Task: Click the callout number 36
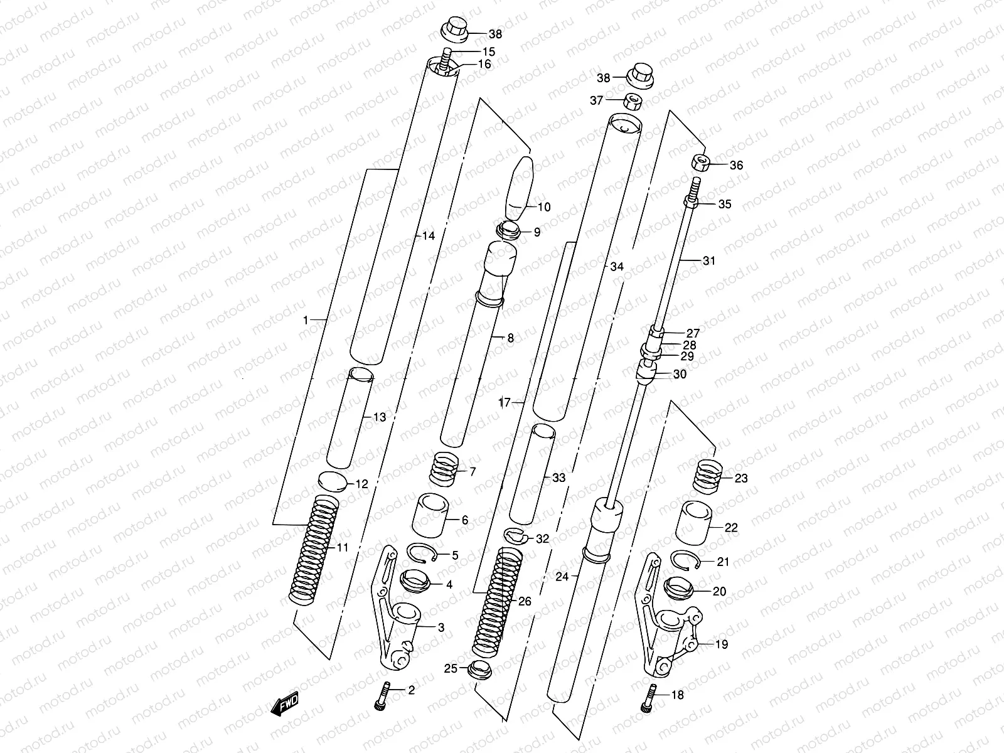736,166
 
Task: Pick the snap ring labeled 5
424,554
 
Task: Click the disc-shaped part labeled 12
333,481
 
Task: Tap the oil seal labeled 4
416,583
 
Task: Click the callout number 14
428,237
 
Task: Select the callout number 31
708,261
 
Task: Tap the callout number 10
543,207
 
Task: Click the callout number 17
505,403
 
